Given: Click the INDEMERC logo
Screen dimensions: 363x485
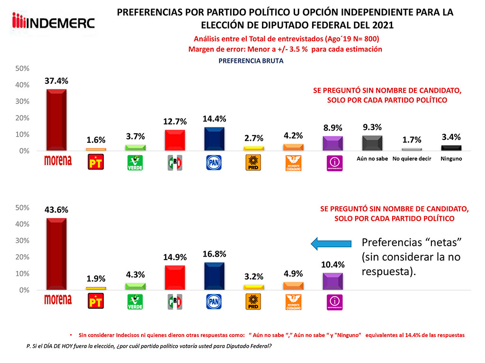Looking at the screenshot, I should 53,22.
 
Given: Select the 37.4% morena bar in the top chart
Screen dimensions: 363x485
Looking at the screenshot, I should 56,119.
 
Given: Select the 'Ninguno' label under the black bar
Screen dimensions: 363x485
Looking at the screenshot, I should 450,159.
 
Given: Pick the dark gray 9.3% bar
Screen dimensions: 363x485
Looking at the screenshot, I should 372,143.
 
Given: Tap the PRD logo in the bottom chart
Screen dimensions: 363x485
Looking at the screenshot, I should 253,302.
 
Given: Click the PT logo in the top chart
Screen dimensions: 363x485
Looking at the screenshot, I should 96,162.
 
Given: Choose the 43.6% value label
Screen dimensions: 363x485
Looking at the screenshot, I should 56,210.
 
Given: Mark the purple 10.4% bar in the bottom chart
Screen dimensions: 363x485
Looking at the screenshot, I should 332,281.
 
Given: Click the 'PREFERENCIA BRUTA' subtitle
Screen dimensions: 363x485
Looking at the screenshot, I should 251,61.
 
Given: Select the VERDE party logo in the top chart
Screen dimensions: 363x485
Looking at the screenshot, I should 135,162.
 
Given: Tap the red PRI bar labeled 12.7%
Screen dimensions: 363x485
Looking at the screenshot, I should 174,140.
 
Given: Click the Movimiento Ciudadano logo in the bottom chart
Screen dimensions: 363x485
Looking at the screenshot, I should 293,302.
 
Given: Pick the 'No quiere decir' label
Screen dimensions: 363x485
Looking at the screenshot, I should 412,159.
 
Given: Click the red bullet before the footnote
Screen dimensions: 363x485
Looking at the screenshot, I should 71,335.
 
